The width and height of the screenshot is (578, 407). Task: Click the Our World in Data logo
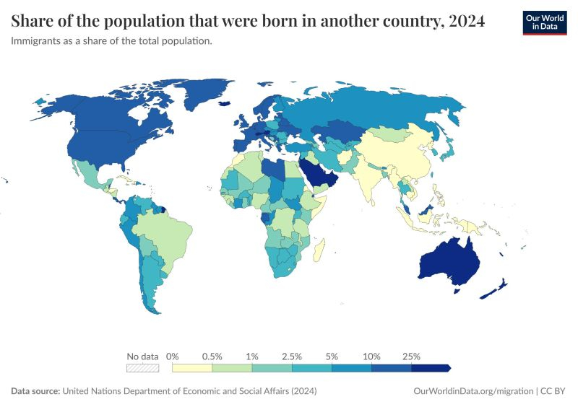pos(545,22)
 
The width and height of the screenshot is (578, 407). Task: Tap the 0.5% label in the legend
pos(212,356)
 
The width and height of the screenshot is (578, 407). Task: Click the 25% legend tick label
pos(411,356)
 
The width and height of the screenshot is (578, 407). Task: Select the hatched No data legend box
pos(142,368)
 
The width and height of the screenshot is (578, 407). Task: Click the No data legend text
pos(142,356)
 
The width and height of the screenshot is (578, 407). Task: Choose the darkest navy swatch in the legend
pos(431,368)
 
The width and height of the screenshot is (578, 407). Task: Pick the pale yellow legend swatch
pos(192,368)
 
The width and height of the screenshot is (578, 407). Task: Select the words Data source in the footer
pos(35,390)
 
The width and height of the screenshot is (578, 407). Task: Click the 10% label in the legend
pos(371,356)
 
